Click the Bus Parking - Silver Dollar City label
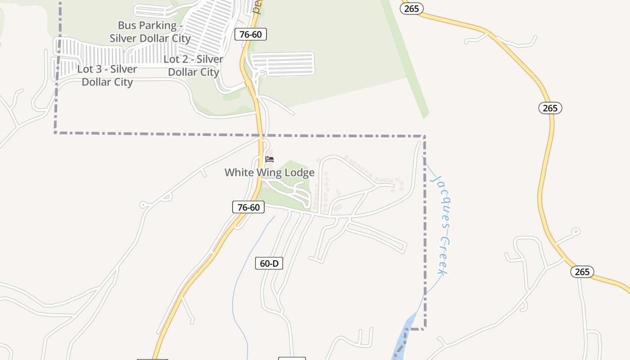(150, 31)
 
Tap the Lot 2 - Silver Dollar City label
(193, 66)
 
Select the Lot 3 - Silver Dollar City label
(107, 76)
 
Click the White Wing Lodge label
(270, 173)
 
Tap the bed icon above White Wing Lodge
(270, 159)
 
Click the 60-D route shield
(269, 263)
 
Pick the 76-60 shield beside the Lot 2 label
(251, 34)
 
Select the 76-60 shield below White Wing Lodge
(248, 207)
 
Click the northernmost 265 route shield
(411, 9)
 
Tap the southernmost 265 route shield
(582, 272)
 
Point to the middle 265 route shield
(550, 108)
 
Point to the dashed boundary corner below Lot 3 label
(55, 132)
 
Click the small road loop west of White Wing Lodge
(144, 205)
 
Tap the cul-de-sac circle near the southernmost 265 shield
(576, 232)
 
